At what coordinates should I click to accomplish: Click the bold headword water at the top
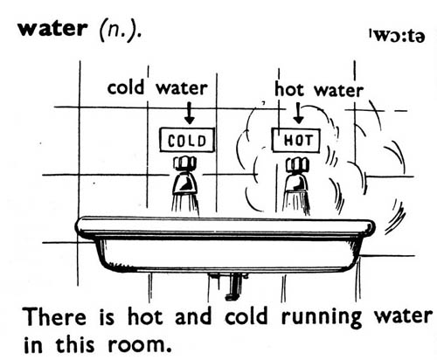tap(52, 29)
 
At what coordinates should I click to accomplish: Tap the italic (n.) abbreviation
tap(120, 30)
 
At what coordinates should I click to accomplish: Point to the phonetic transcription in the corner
tap(397, 36)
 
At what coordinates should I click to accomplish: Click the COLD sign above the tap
tap(187, 140)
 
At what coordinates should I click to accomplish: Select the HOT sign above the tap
tap(296, 141)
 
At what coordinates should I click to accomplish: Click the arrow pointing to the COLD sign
tap(190, 113)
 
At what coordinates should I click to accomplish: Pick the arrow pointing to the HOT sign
tap(299, 113)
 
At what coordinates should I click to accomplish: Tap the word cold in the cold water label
tap(126, 87)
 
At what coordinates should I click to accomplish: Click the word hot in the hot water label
tap(289, 89)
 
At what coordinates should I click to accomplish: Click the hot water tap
tap(296, 177)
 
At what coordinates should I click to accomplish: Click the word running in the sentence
tap(322, 318)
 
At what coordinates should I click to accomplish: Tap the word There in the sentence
tap(54, 316)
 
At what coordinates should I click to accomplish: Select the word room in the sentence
tap(139, 345)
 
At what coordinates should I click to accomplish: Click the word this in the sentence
tap(75, 343)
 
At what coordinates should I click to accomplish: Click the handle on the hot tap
tap(297, 164)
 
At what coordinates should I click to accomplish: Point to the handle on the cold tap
tap(185, 163)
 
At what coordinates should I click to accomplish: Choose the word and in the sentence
tap(193, 316)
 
